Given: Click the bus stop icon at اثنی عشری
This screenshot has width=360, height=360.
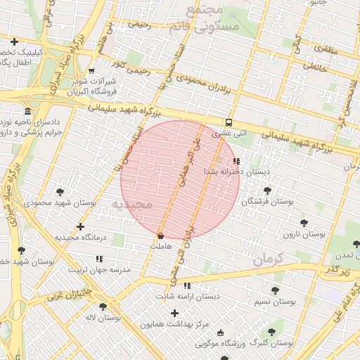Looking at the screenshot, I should click(229, 121).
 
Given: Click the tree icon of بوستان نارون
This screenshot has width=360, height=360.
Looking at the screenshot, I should click(303, 223).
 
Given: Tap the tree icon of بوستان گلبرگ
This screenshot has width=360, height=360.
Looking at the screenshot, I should click(271, 332).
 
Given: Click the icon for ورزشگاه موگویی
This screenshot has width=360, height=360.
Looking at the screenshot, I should click(221, 333).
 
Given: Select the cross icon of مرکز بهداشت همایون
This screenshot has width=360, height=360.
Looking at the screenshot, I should click(175, 313).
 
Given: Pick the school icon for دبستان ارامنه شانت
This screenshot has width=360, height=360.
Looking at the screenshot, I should click(187, 285).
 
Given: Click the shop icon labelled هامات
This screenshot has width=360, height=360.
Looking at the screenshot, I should click(162, 236).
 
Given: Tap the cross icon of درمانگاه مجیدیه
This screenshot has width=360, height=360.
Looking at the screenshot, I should click(81, 226).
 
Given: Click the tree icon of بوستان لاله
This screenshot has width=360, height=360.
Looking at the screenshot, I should click(103, 307).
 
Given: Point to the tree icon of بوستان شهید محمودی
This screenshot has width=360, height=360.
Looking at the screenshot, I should click(60, 191).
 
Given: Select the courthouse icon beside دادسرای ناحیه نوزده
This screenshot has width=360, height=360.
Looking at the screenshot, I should click(27, 112).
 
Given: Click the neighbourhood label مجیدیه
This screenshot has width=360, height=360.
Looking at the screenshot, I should click(131, 205).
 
